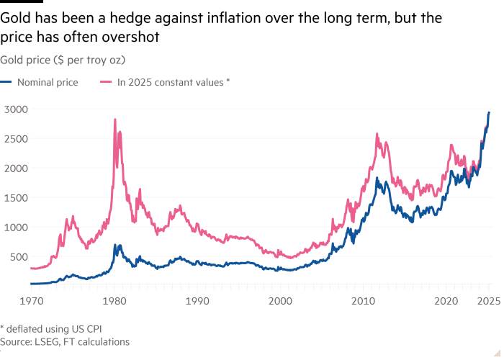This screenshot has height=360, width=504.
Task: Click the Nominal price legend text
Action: [49, 83]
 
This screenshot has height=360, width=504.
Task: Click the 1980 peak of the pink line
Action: [115, 119]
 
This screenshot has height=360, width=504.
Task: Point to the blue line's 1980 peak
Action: [115, 245]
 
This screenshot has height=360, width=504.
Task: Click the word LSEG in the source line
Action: [45, 341]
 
